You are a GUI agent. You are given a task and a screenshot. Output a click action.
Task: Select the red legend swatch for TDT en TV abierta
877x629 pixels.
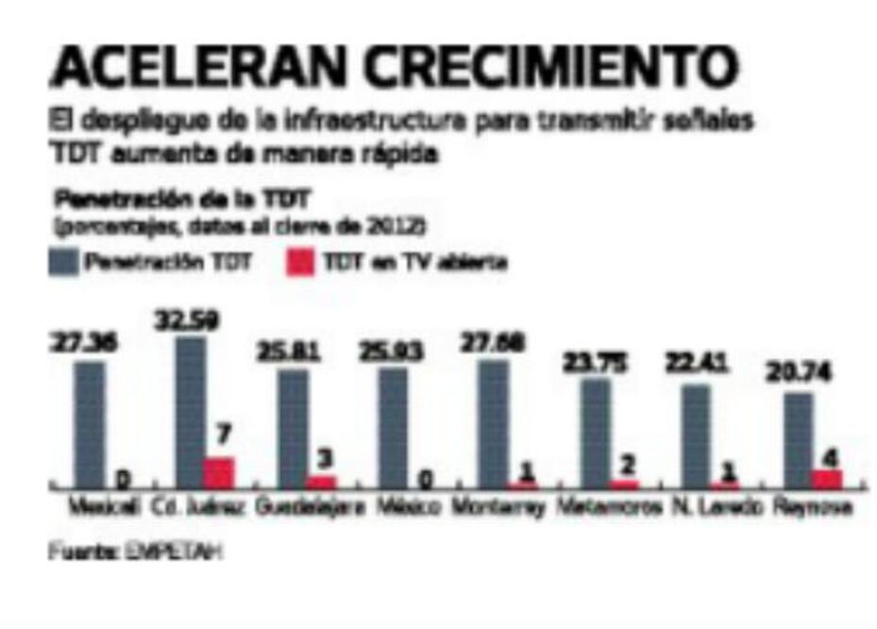(x=298, y=263)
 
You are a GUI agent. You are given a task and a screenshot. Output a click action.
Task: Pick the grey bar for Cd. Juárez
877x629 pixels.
(x=190, y=412)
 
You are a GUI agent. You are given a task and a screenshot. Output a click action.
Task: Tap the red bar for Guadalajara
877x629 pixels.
(x=322, y=481)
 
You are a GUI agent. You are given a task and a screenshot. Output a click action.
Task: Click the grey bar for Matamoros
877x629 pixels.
(x=596, y=433)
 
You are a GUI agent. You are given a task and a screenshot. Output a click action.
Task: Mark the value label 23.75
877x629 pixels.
(x=596, y=363)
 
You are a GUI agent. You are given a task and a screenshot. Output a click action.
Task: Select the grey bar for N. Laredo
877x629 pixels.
(x=696, y=435)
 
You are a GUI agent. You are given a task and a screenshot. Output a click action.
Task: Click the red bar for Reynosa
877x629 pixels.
(x=827, y=478)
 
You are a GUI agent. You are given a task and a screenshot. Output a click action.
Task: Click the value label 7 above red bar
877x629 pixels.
(x=225, y=437)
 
